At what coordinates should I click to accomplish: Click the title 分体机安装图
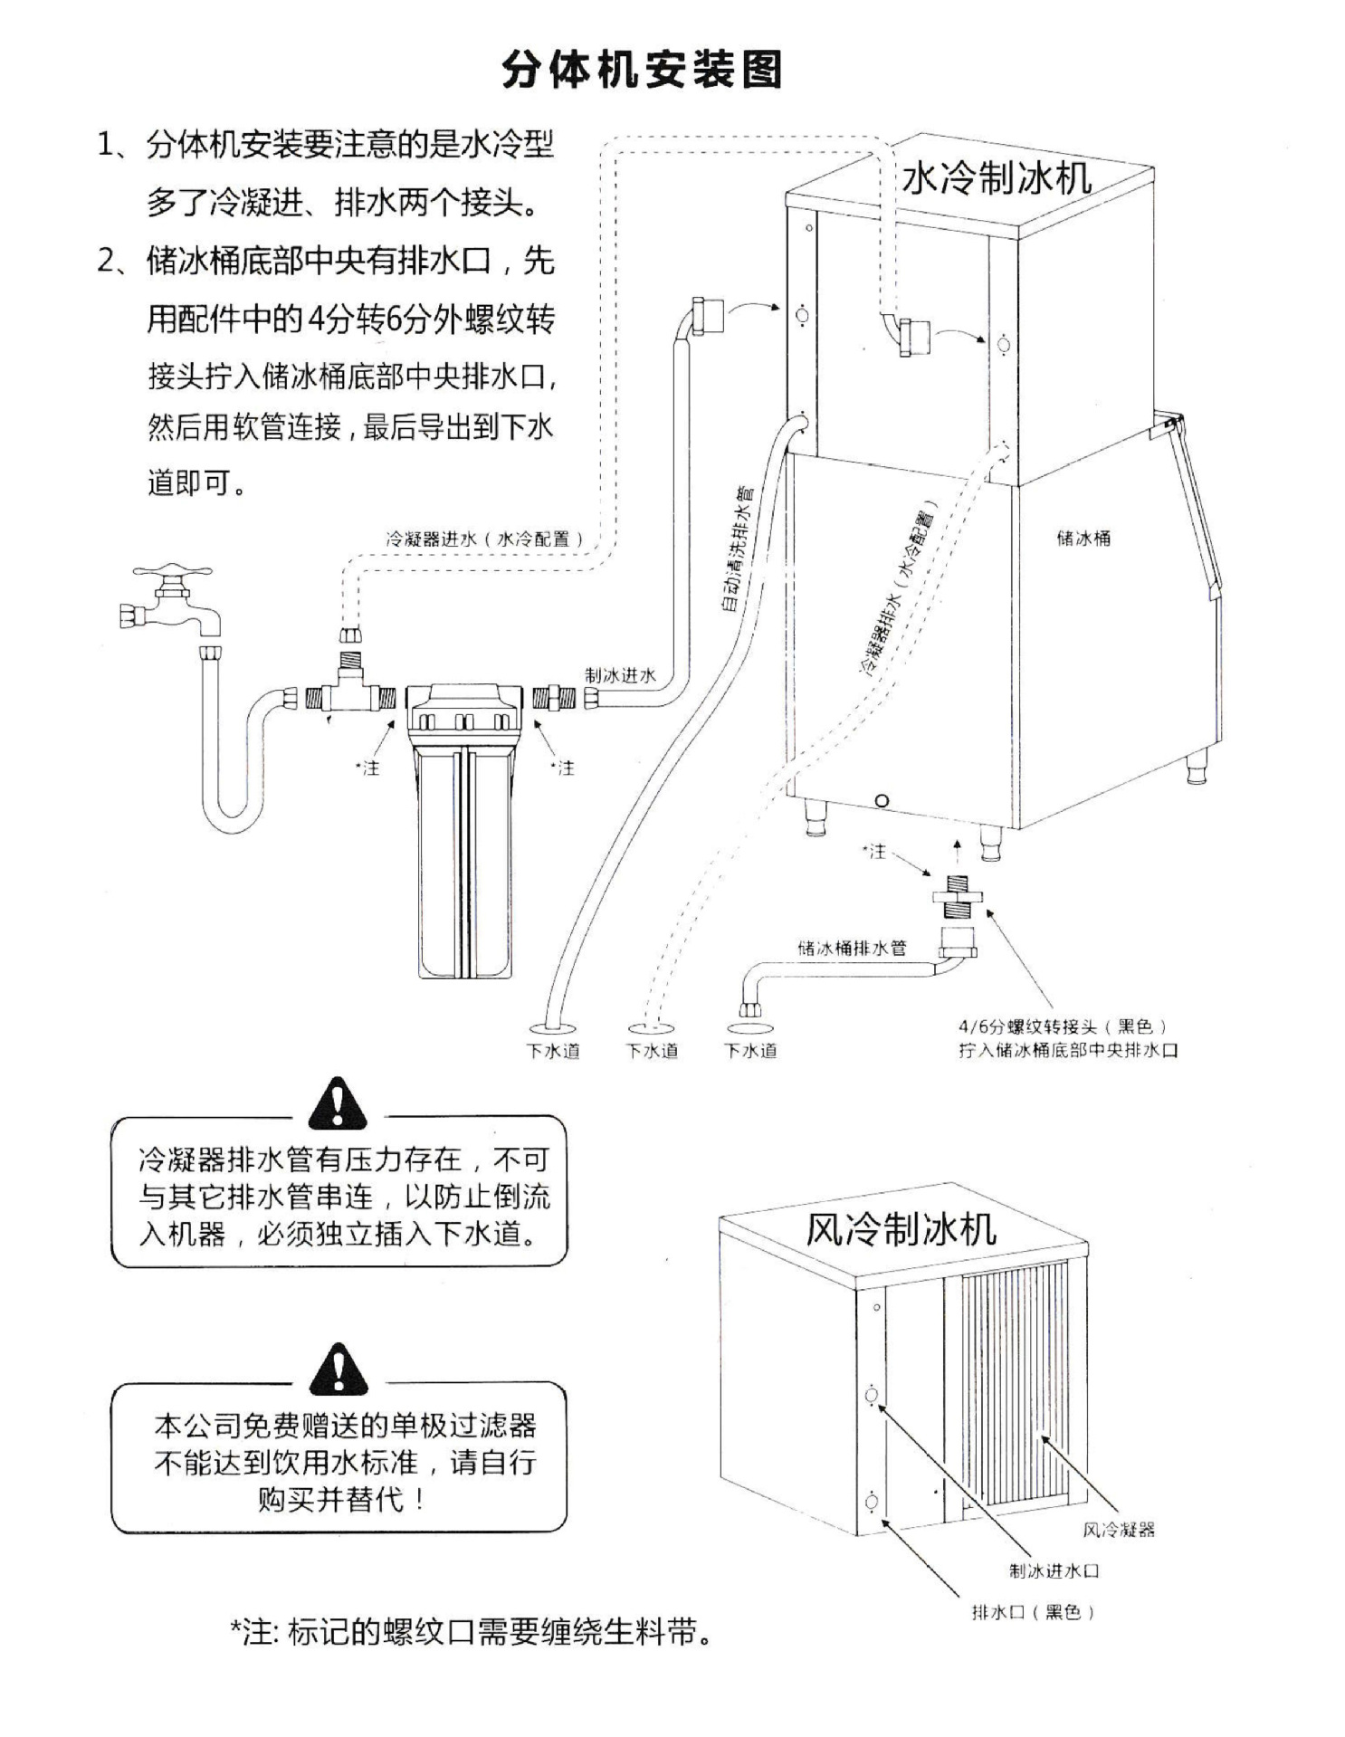click(642, 69)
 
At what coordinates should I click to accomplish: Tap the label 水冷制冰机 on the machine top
click(997, 178)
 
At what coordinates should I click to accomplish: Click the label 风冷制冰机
click(901, 1229)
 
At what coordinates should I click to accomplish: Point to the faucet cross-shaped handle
click(172, 574)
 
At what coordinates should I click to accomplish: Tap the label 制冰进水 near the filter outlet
click(621, 675)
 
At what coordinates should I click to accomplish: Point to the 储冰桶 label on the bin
click(1083, 538)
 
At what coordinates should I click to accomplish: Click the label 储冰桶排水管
click(852, 948)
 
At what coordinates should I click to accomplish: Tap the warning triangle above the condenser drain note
click(338, 1104)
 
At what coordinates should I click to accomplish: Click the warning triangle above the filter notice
click(338, 1370)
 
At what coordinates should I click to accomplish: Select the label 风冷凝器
click(1119, 1530)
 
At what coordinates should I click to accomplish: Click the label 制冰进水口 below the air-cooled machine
click(1054, 1570)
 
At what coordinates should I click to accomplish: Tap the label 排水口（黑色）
click(1033, 1612)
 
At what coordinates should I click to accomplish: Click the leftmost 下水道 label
click(553, 1051)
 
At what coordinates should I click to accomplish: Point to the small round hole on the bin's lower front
click(882, 800)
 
